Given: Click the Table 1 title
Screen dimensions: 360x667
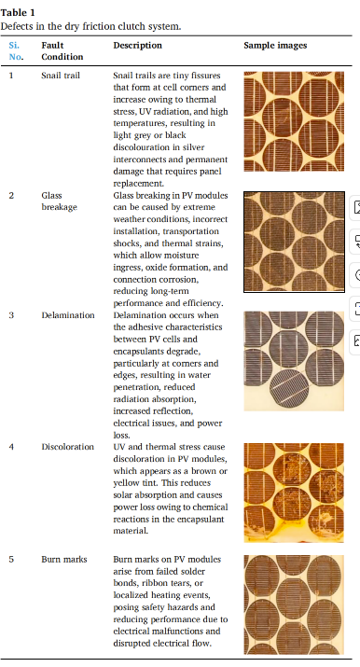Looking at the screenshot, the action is tap(18, 13).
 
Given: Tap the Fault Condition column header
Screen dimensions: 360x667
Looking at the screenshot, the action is tap(62, 51).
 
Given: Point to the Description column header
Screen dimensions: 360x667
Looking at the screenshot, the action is tap(137, 46).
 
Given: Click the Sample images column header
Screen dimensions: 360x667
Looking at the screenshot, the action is tap(275, 46).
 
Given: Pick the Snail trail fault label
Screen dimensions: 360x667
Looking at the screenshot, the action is tap(61, 76).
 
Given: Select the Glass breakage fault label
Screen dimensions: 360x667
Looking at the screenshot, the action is tap(59, 201).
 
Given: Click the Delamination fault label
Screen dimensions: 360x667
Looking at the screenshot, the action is tap(67, 315).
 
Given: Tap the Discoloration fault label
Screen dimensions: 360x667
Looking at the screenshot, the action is tap(67, 447).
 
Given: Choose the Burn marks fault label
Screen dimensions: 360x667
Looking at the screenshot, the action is tap(63, 560).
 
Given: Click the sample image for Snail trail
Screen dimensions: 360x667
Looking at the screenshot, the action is tap(294, 121).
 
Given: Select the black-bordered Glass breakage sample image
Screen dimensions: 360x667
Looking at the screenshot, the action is tap(294, 242).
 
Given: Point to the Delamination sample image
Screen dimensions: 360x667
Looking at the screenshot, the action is tap(294, 361).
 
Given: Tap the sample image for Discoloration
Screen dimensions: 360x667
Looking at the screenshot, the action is tap(294, 493).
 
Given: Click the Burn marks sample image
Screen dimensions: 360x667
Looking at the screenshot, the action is tap(294, 604).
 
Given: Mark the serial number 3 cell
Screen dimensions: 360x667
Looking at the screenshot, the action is tap(11, 315).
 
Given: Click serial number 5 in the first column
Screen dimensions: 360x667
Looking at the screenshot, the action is tap(11, 560).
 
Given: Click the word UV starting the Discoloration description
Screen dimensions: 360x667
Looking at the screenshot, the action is tap(118, 447).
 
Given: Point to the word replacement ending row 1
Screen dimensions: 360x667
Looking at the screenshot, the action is tap(139, 184).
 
